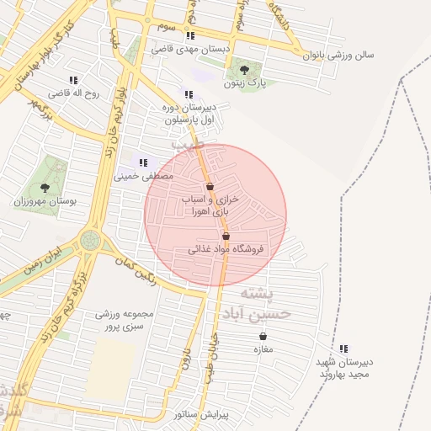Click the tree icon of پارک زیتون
coord(244,70)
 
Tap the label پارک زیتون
coord(245,84)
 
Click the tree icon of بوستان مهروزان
coord(45,188)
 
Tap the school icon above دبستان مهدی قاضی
coord(190,35)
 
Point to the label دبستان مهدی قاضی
coord(191,49)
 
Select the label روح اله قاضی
coord(72,93)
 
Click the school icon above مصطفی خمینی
coord(143,162)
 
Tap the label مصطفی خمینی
coord(143,177)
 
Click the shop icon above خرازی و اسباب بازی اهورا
coord(210,186)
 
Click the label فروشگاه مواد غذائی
coord(226,249)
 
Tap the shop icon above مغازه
coord(263,336)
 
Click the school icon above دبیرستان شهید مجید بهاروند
coord(343,349)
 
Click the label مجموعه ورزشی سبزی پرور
coord(125,320)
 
